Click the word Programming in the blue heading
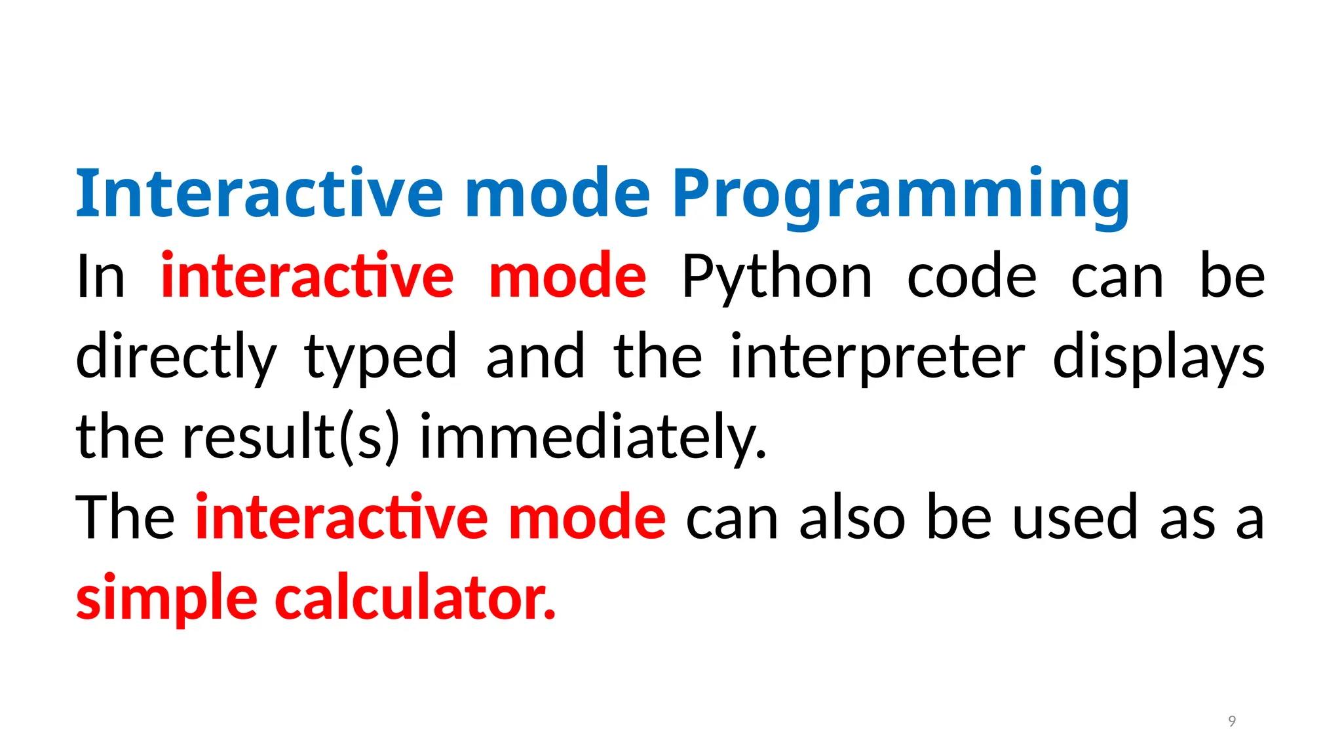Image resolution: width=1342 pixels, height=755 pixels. point(901,195)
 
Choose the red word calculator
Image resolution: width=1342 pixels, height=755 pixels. point(415,598)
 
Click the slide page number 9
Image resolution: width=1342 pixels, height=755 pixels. point(1232,722)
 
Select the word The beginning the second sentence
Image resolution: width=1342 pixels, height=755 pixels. point(125,518)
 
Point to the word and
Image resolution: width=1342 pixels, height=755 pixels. point(535,357)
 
